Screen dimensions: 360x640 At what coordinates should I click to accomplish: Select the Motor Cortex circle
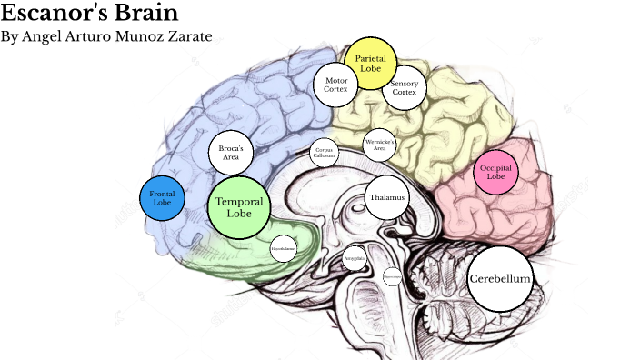tap(336, 85)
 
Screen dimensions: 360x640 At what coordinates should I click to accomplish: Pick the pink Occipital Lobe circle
tap(495, 173)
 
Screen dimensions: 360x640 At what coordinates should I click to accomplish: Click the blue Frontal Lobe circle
tap(162, 198)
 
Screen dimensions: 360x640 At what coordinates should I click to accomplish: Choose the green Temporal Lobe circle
tap(239, 207)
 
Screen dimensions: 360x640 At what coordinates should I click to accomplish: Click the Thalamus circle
tap(387, 198)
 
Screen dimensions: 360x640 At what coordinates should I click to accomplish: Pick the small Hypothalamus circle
tap(284, 247)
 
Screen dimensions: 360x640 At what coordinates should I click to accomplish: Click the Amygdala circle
tap(355, 258)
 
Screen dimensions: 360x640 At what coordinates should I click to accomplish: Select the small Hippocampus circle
tap(392, 275)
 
